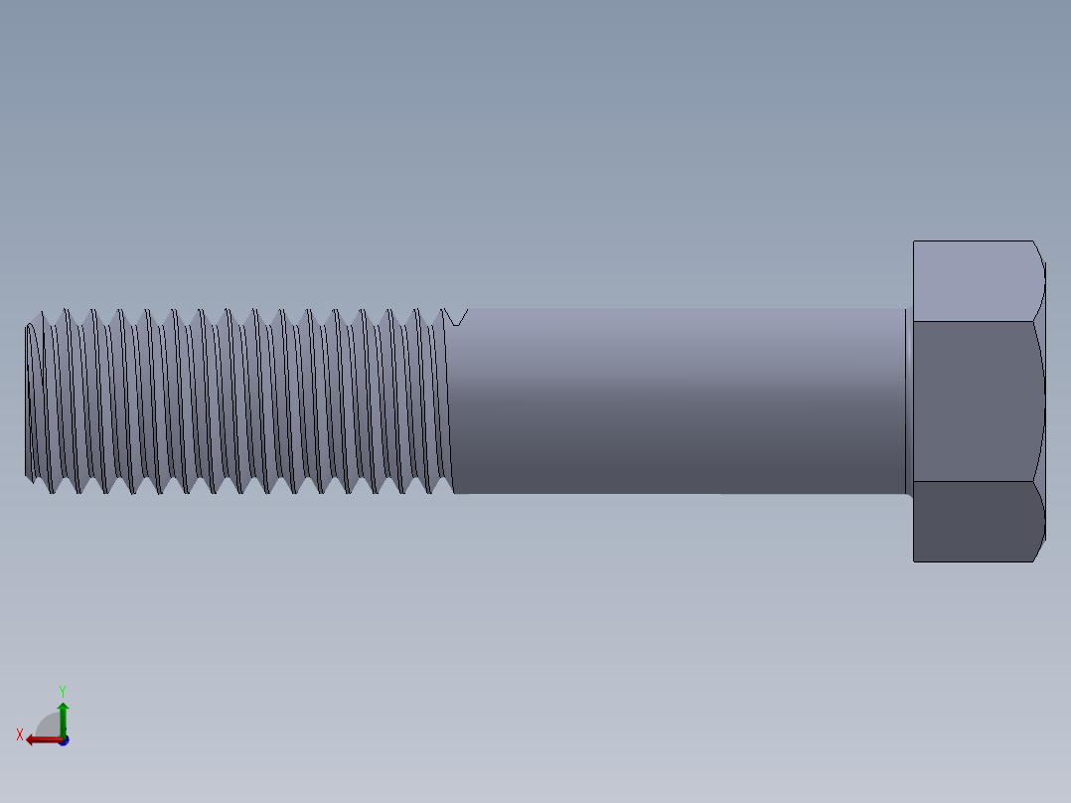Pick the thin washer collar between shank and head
click(x=909, y=401)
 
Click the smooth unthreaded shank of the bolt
click(x=676, y=401)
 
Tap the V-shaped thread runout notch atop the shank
click(x=456, y=317)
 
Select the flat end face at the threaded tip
click(x=29, y=401)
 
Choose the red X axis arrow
click(x=40, y=738)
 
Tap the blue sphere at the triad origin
click(x=63, y=740)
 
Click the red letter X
click(x=20, y=735)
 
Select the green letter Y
click(x=63, y=690)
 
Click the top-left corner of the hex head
click(x=914, y=241)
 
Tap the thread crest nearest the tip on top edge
click(x=41, y=313)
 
